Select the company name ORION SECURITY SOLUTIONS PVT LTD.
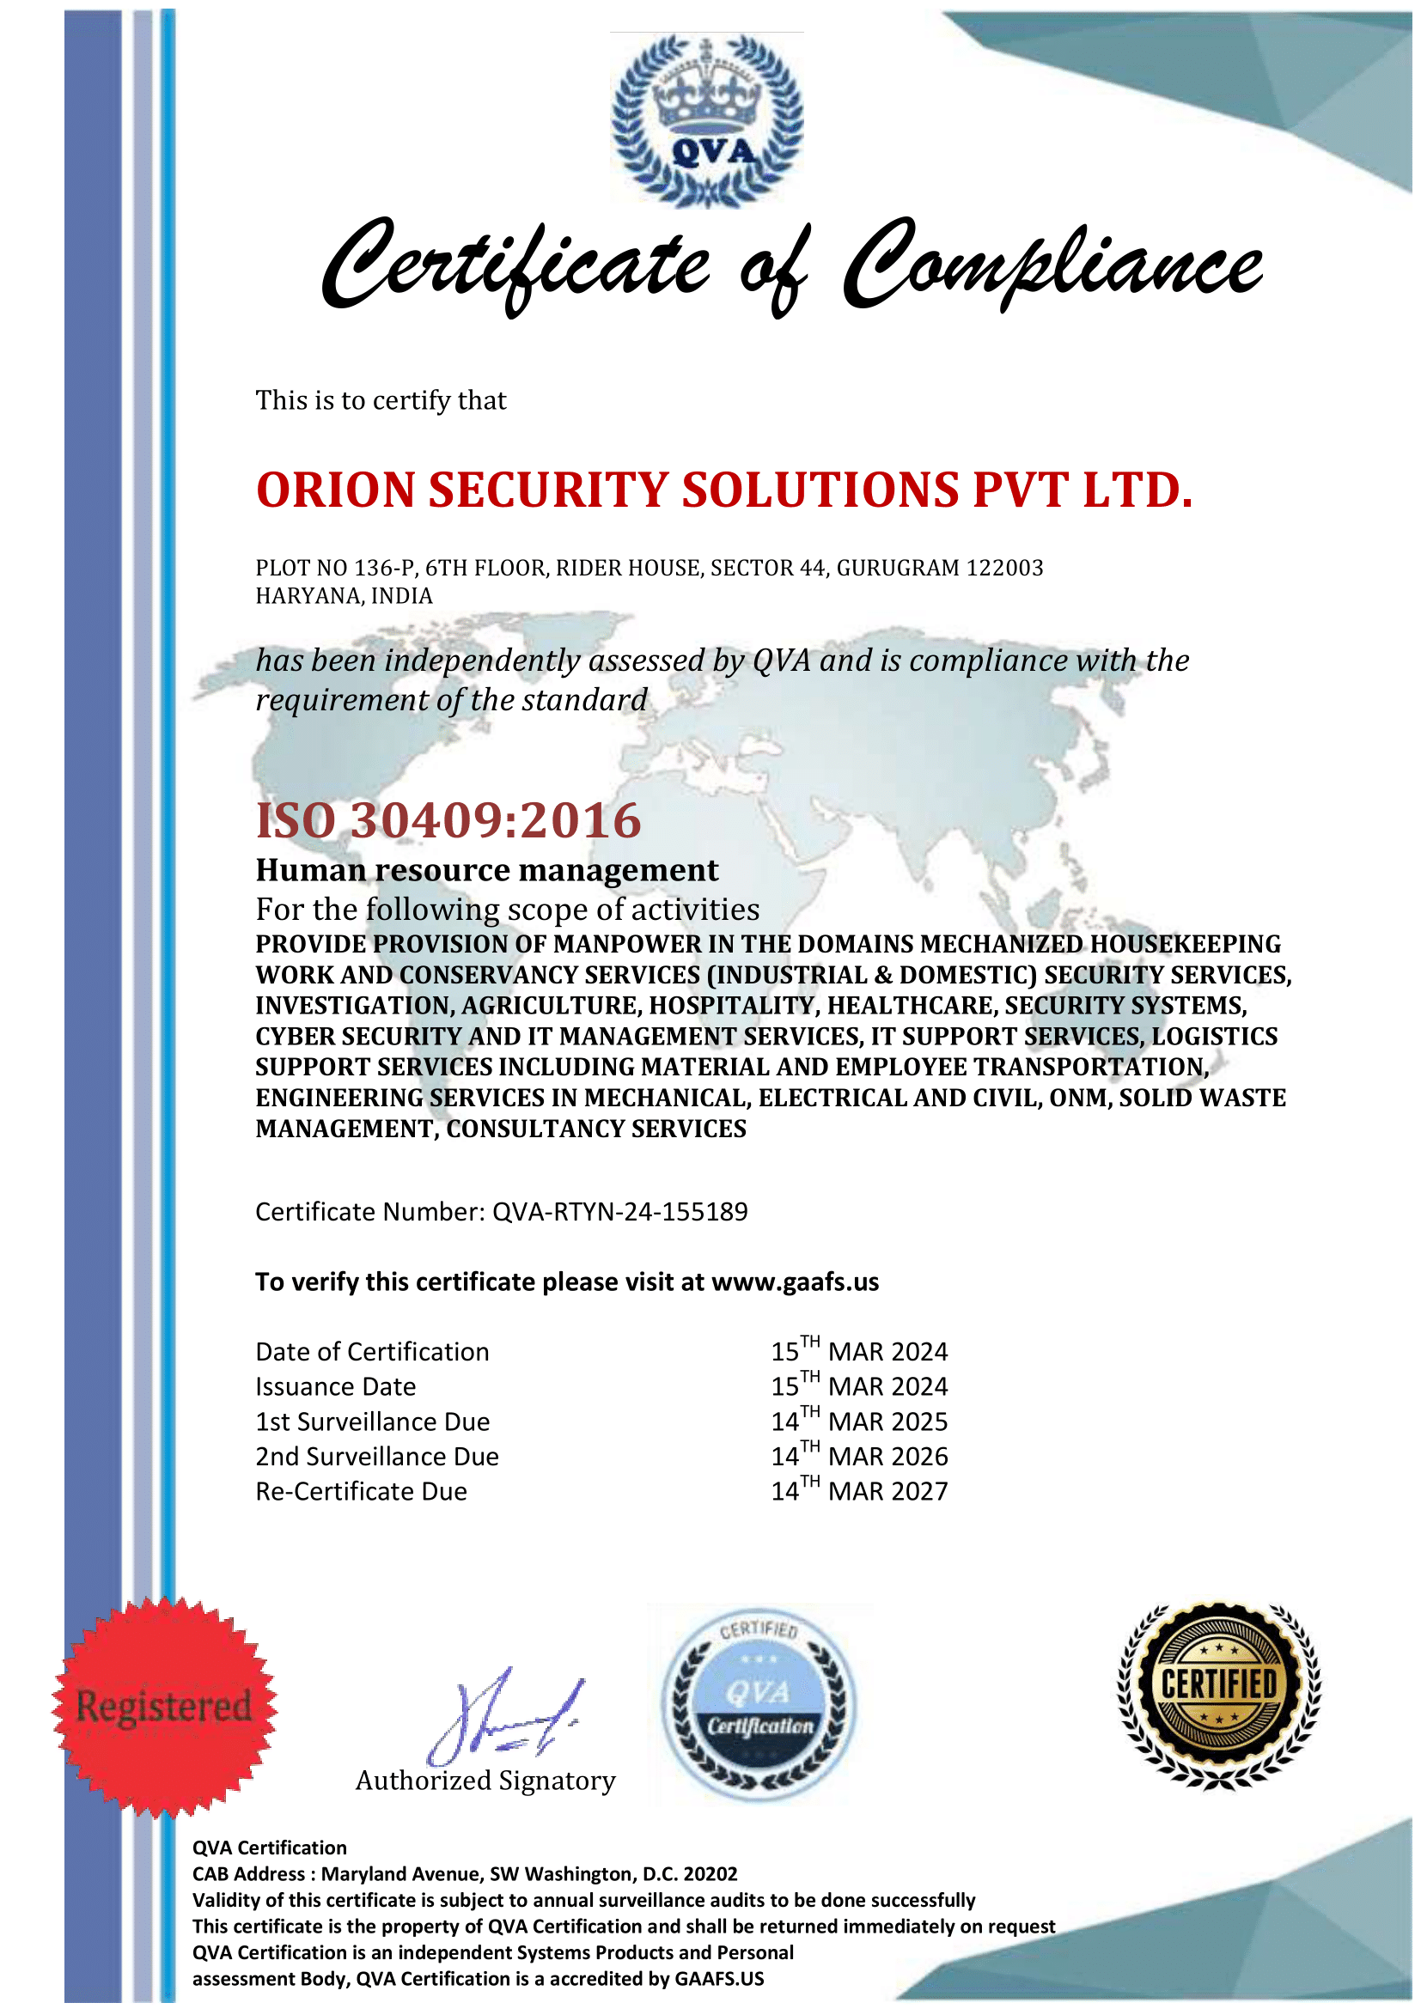(x=723, y=490)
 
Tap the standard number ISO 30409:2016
(x=448, y=821)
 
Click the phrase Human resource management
(x=486, y=871)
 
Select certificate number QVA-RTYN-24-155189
(x=619, y=1212)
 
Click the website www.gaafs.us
(x=795, y=1281)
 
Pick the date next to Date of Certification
(x=858, y=1352)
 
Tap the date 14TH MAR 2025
(x=858, y=1422)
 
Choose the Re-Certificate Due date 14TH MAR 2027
(x=858, y=1491)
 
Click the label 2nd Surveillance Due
(x=377, y=1457)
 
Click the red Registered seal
(x=164, y=1708)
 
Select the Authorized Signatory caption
(x=485, y=1781)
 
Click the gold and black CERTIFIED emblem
(x=1219, y=1696)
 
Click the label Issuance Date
(x=335, y=1387)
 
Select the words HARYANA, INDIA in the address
(x=344, y=596)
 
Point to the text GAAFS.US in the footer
(x=719, y=1979)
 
